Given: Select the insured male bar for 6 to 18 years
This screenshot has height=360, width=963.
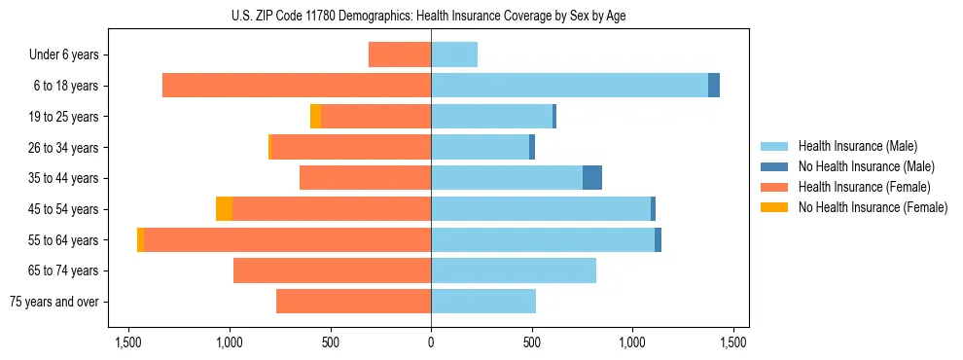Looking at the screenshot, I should [x=569, y=86].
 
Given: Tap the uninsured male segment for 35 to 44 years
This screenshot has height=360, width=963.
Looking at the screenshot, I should [x=592, y=178].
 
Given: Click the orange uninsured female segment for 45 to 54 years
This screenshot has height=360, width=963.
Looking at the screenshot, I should [x=224, y=209].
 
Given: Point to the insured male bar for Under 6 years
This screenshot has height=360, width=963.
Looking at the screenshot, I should [x=454, y=54].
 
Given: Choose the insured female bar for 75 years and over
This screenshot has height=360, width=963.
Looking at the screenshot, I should [x=353, y=302].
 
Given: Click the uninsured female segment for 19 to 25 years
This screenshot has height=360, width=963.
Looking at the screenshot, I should [x=315, y=117].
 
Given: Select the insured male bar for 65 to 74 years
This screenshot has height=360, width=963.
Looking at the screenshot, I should [x=514, y=270].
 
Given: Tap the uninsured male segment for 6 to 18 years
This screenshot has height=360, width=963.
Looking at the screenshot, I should [x=714, y=86].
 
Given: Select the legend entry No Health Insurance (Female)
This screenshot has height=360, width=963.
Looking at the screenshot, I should [x=873, y=207].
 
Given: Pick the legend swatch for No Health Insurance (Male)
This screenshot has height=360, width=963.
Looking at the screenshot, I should [x=775, y=166].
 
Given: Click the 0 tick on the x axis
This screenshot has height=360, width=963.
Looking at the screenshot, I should [x=431, y=342].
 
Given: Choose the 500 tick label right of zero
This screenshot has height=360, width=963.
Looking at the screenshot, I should [x=532, y=342].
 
